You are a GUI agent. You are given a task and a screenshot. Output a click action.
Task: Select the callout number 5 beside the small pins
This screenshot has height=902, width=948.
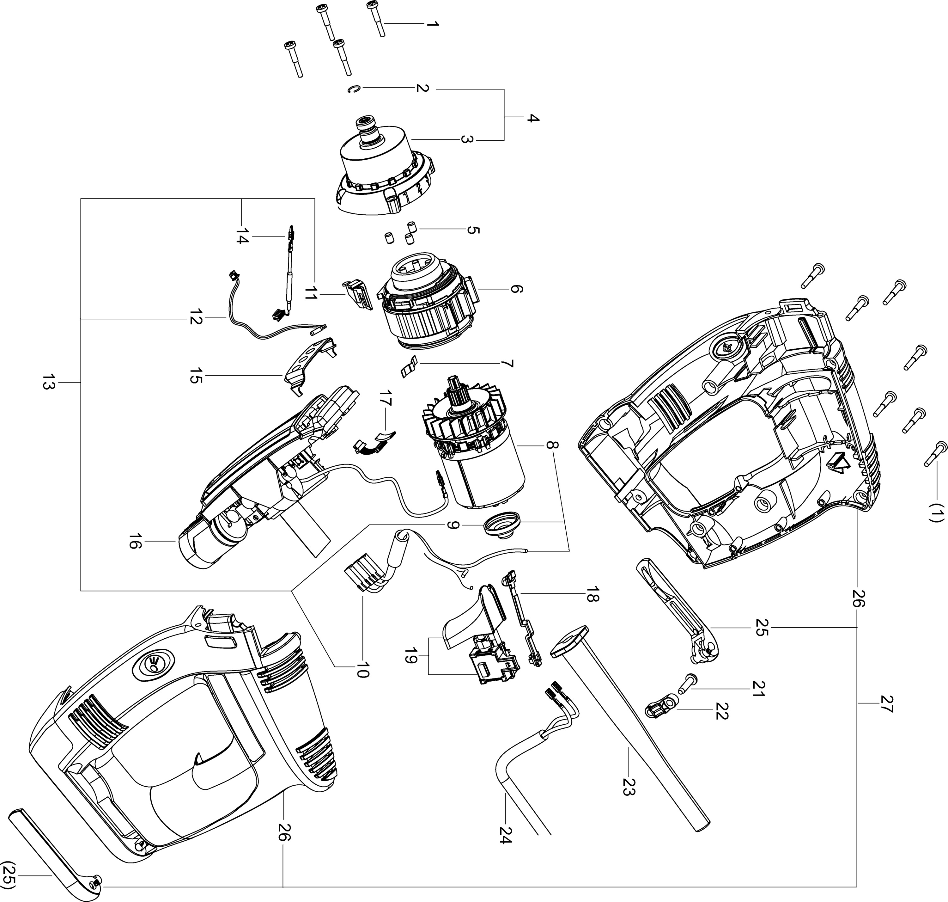[x=472, y=230]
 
